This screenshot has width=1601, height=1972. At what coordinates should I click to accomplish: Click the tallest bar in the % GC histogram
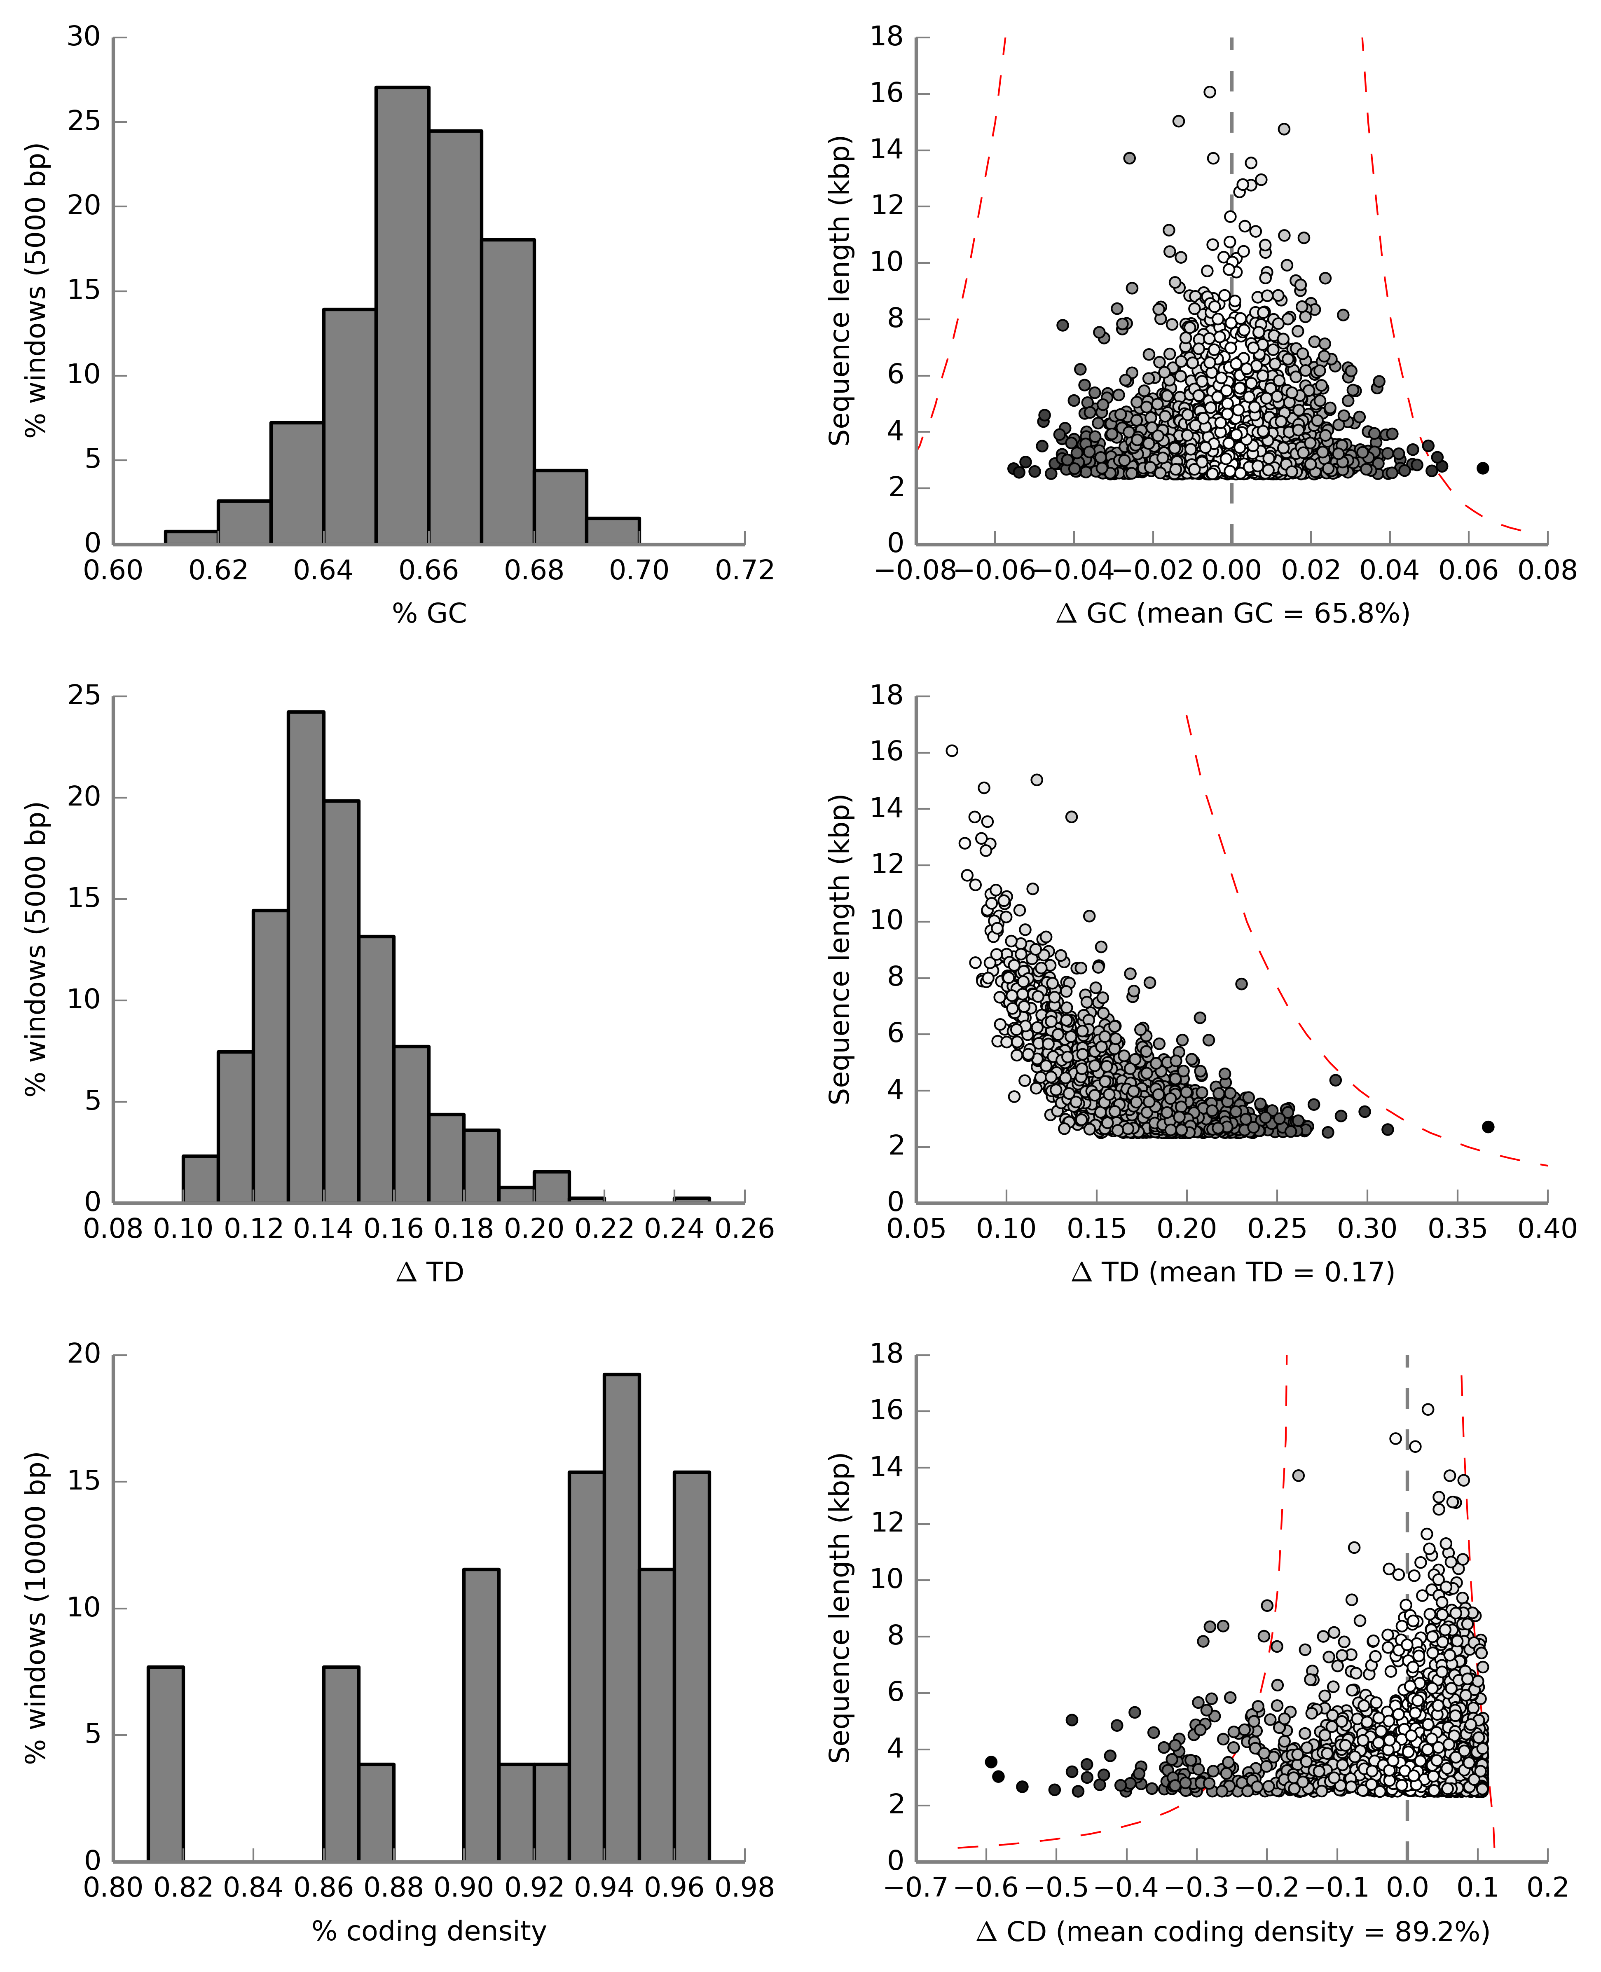pyautogui.click(x=402, y=314)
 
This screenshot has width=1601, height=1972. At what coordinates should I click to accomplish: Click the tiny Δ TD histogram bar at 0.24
pyautogui.click(x=692, y=1199)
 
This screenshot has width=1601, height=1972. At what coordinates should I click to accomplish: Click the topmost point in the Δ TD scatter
pyautogui.click(x=952, y=751)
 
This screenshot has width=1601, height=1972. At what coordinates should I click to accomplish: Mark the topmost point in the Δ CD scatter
pyautogui.click(x=1428, y=1409)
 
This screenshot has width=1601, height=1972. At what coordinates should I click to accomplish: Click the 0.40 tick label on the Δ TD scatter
pyautogui.click(x=1547, y=1230)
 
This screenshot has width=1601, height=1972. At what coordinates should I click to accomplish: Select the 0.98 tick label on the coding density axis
pyautogui.click(x=744, y=1888)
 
